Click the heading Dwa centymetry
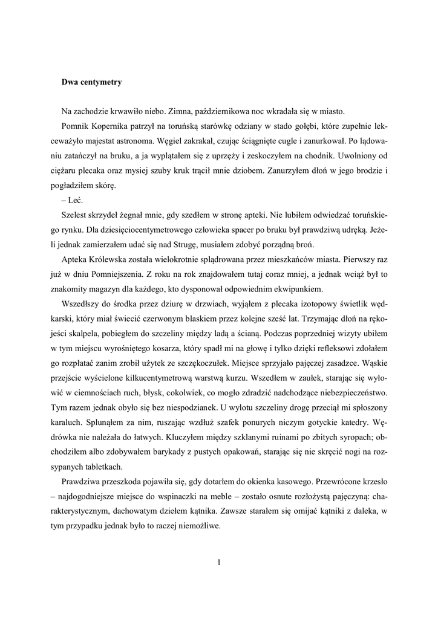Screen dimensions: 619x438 [x=91, y=82]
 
